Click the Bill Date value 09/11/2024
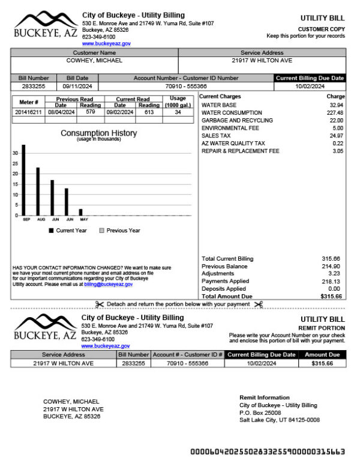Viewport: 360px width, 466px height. click(x=77, y=86)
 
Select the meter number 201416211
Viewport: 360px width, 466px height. click(x=28, y=112)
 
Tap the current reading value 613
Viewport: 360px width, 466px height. click(x=149, y=112)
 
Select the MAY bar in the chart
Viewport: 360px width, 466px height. click(x=80, y=212)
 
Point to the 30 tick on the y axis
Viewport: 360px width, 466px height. click(x=15, y=153)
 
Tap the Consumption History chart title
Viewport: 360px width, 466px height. click(x=98, y=133)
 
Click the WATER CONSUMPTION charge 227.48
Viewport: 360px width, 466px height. click(x=335, y=113)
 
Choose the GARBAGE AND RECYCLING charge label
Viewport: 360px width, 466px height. click(x=237, y=121)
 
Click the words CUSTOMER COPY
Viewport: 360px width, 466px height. click(x=321, y=29)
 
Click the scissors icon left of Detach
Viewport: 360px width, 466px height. click(x=100, y=304)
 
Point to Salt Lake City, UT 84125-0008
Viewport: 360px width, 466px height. click(x=279, y=420)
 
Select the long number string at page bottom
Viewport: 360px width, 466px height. click(x=267, y=452)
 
